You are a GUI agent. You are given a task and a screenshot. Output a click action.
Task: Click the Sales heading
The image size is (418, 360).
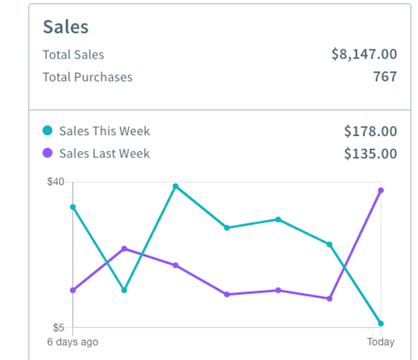tap(65, 26)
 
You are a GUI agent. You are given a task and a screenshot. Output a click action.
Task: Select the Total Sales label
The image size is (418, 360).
tap(73, 55)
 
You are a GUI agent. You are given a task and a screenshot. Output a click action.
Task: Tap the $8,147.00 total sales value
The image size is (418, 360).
tap(364, 54)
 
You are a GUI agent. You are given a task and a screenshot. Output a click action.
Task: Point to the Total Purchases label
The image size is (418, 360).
tap(87, 77)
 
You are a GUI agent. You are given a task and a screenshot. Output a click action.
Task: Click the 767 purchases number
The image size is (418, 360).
tap(385, 77)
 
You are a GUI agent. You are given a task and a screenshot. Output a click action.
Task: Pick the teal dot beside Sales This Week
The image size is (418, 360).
tap(47, 131)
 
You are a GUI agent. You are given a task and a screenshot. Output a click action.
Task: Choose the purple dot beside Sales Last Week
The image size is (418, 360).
tap(47, 153)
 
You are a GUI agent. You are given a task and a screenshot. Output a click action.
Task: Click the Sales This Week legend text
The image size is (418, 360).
tap(104, 131)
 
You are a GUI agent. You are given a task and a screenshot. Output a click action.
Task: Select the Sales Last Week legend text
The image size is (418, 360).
tap(104, 153)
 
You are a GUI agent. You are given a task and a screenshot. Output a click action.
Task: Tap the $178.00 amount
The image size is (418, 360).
tap(370, 131)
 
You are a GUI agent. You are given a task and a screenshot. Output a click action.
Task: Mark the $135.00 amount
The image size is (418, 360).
tap(370, 153)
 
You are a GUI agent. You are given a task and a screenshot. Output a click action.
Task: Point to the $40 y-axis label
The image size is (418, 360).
tap(56, 182)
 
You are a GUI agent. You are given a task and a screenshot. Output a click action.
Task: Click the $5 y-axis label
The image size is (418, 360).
tap(59, 327)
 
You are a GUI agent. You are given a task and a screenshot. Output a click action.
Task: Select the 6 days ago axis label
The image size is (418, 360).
tap(72, 342)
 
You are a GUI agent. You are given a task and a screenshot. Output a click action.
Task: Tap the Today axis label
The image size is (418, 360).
tap(380, 342)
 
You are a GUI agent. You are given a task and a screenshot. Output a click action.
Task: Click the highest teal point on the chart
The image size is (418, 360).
tap(176, 187)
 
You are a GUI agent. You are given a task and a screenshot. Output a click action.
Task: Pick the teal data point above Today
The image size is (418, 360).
tap(380, 324)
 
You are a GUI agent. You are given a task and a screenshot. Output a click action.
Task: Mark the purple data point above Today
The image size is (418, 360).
tap(380, 190)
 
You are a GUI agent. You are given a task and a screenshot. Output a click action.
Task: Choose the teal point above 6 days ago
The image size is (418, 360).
tap(72, 207)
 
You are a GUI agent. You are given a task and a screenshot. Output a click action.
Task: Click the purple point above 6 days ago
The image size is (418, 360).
tap(72, 290)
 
